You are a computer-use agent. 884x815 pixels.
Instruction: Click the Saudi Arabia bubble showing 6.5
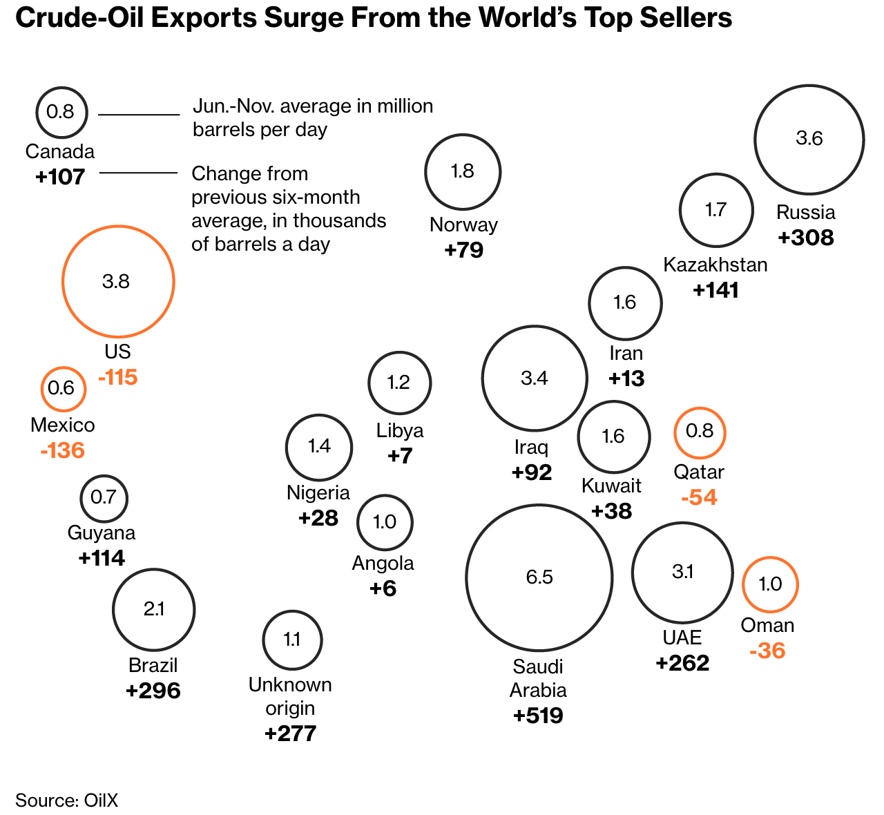pyautogui.click(x=539, y=577)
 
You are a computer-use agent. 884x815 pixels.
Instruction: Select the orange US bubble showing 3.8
pyautogui.click(x=117, y=282)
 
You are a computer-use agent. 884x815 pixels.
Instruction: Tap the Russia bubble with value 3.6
pyautogui.click(x=809, y=139)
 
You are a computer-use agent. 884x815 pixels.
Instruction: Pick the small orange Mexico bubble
pyautogui.click(x=63, y=388)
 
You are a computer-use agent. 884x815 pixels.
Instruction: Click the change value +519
pyautogui.click(x=538, y=716)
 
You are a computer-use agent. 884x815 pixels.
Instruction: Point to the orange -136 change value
pyautogui.click(x=63, y=451)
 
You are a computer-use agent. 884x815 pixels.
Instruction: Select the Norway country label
pyautogui.click(x=463, y=225)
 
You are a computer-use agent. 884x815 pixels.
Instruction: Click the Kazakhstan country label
pyautogui.click(x=715, y=265)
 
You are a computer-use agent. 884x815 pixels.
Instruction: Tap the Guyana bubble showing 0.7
pyautogui.click(x=104, y=497)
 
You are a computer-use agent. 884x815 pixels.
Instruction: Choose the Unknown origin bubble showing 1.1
pyautogui.click(x=292, y=640)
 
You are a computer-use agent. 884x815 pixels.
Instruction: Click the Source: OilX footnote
pyautogui.click(x=67, y=800)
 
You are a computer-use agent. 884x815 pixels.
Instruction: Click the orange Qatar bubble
pyautogui.click(x=700, y=432)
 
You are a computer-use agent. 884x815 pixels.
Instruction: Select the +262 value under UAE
pyautogui.click(x=682, y=663)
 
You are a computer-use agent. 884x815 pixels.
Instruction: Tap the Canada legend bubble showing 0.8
pyautogui.click(x=61, y=112)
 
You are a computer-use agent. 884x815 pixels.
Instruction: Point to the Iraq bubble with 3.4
pyautogui.click(x=534, y=378)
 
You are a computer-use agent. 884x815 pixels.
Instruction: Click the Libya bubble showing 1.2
pyautogui.click(x=399, y=383)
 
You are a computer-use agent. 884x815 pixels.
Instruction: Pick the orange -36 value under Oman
pyautogui.click(x=767, y=651)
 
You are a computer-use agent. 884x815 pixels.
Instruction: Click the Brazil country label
pyautogui.click(x=153, y=666)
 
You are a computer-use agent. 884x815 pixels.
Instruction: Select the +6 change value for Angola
pyautogui.click(x=383, y=589)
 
